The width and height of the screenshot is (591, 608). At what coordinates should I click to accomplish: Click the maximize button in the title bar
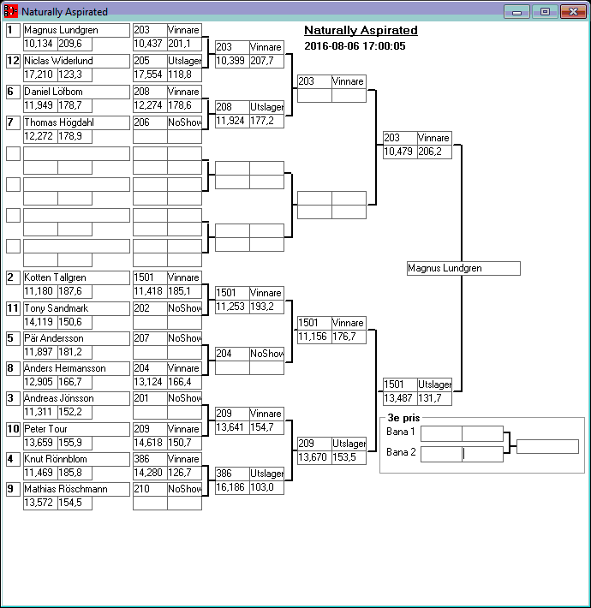tap(544, 12)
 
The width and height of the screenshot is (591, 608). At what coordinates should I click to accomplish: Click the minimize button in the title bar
tap(516, 12)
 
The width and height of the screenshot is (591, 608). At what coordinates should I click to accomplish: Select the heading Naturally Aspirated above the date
tap(361, 31)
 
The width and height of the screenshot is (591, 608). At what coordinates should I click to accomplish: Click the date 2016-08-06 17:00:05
tap(355, 45)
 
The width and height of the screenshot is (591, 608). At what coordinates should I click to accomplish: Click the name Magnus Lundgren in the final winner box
tap(463, 268)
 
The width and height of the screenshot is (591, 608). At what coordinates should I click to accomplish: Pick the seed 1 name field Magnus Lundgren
tap(76, 30)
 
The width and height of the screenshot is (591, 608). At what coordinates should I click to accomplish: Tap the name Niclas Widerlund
tap(76, 61)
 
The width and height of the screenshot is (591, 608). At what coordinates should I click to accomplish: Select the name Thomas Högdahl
tap(76, 122)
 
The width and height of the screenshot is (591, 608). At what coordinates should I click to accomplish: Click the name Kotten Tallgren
tap(76, 277)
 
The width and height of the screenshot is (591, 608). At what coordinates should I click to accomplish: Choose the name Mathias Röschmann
tap(76, 489)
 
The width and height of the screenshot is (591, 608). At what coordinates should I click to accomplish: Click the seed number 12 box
tap(13, 61)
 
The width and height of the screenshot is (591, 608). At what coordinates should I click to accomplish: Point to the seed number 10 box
tap(13, 428)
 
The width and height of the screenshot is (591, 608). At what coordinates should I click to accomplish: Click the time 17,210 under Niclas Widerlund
tap(39, 75)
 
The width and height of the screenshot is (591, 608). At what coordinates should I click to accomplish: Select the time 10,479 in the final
tap(399, 152)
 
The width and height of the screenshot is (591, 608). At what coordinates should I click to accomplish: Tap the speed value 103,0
tap(266, 486)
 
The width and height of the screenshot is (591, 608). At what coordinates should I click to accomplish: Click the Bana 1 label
tap(401, 432)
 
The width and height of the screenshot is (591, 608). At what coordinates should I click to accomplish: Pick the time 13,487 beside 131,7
tap(399, 398)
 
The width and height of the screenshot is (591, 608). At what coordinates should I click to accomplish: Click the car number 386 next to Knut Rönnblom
tap(149, 459)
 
